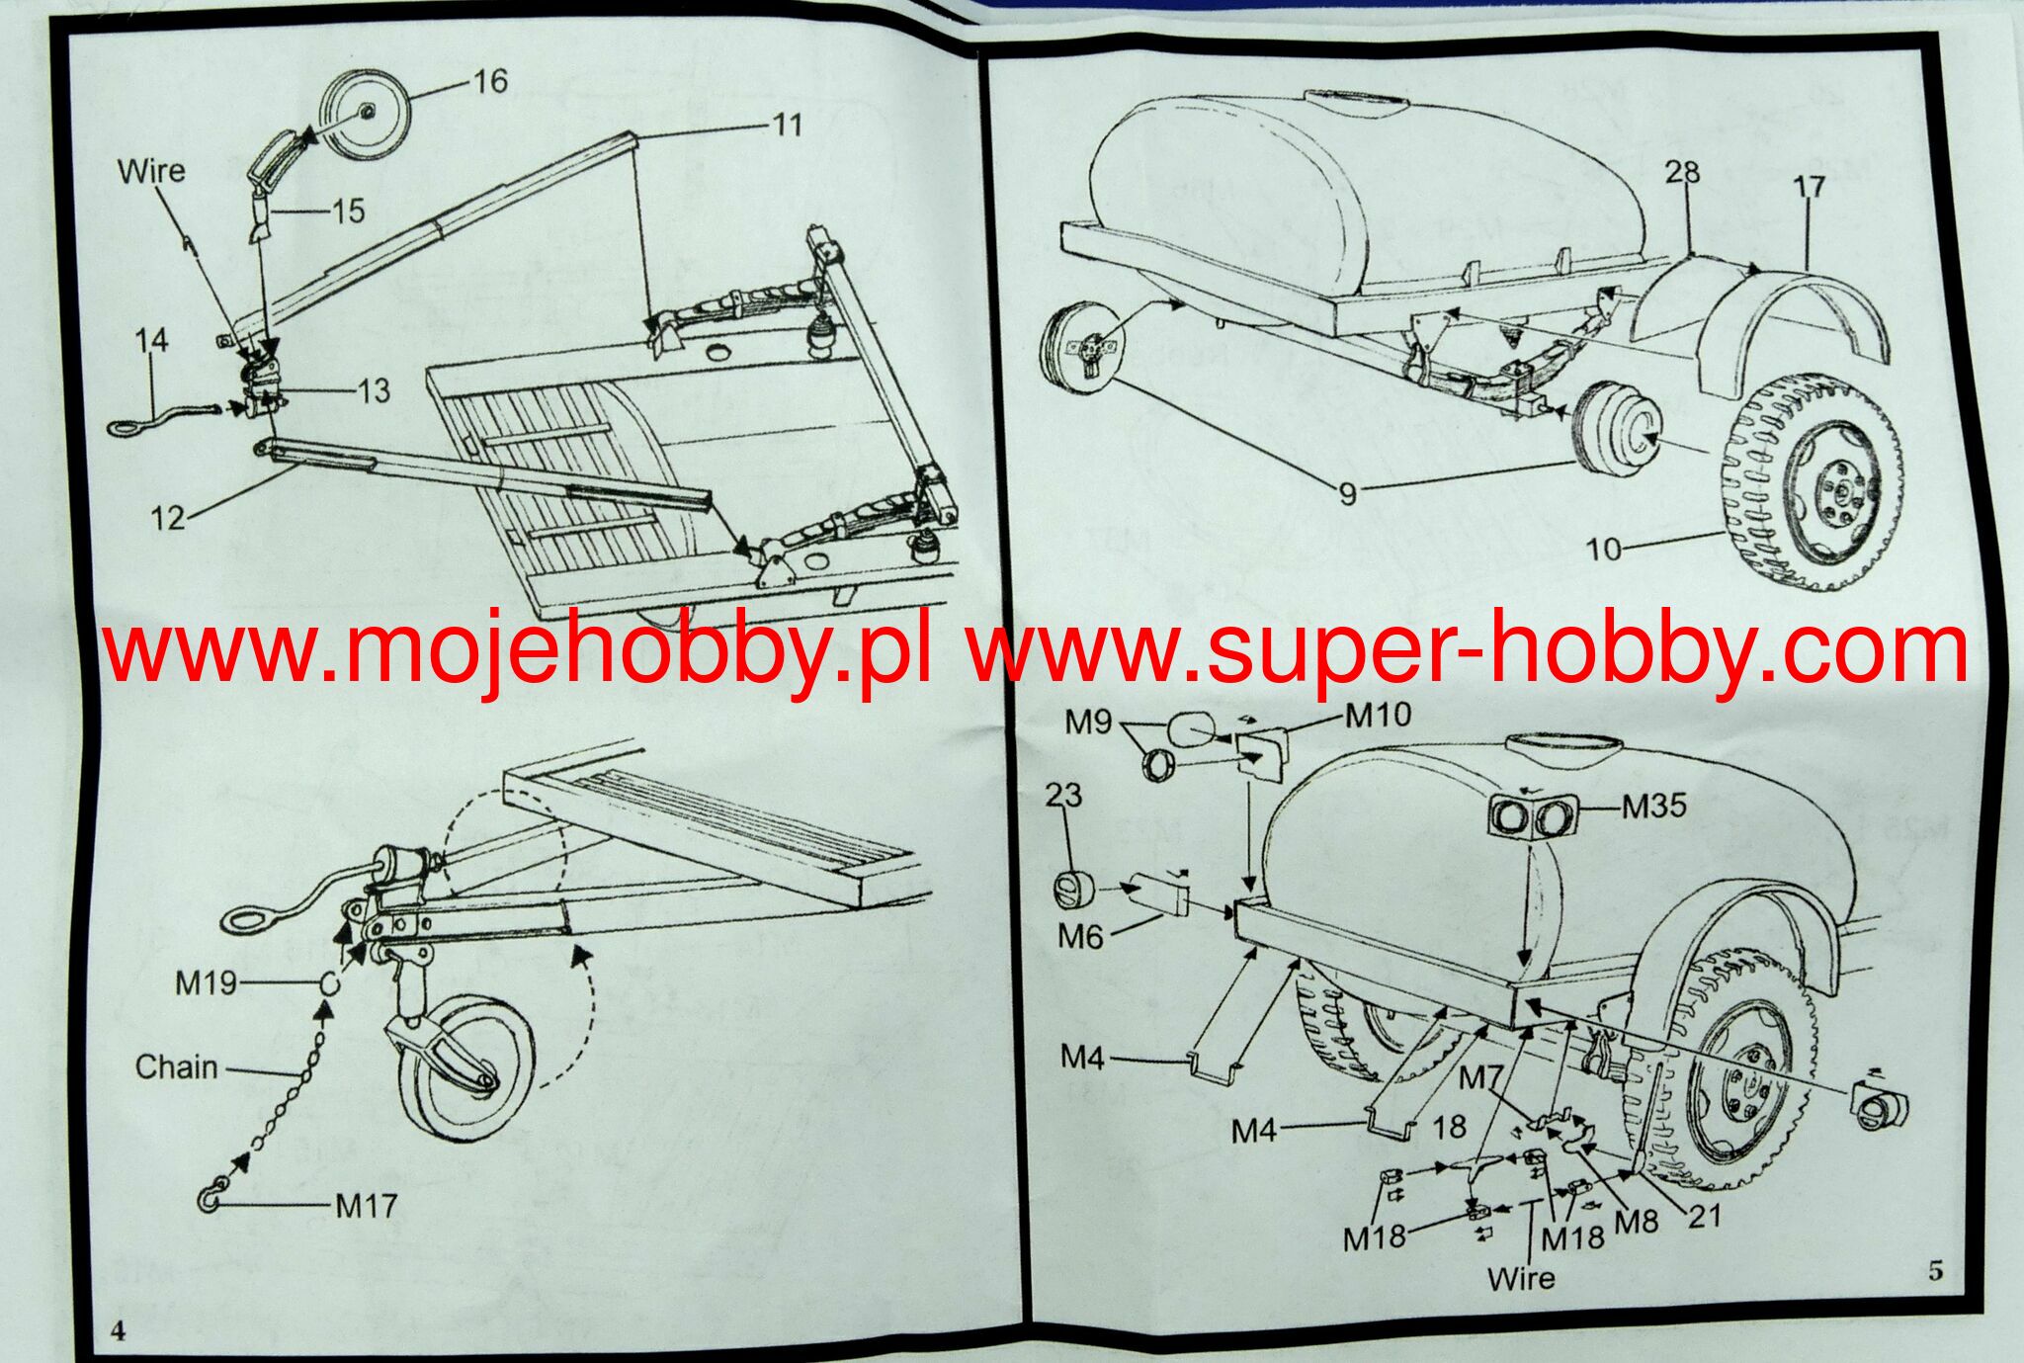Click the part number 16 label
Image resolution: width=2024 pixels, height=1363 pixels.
pyautogui.click(x=489, y=80)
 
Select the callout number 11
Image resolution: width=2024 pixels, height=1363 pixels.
pyautogui.click(x=787, y=125)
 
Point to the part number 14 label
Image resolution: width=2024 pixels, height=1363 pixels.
pyautogui.click(x=151, y=341)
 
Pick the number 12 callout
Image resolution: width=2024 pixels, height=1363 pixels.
pyautogui.click(x=169, y=517)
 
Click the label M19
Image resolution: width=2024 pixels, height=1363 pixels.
pyautogui.click(x=206, y=982)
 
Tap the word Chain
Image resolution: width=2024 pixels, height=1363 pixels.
pyautogui.click(x=176, y=1067)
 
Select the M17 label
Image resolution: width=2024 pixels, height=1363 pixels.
pyautogui.click(x=366, y=1206)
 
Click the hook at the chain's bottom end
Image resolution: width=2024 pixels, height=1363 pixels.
pyautogui.click(x=211, y=1198)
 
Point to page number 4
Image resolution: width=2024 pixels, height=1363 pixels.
pyautogui.click(x=118, y=1330)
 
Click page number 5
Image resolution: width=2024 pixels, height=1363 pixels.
pyautogui.click(x=1935, y=1270)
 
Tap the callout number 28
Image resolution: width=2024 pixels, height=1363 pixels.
pyautogui.click(x=1682, y=172)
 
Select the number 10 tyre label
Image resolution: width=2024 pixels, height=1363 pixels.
pyautogui.click(x=1603, y=549)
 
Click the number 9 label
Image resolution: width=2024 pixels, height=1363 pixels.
pyautogui.click(x=1348, y=492)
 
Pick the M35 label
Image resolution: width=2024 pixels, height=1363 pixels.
pyautogui.click(x=1654, y=807)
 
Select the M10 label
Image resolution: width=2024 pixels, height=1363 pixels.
pyautogui.click(x=1378, y=715)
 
